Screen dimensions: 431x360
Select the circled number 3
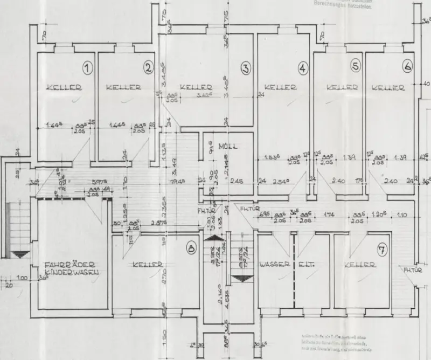pyautogui.click(x=245, y=68)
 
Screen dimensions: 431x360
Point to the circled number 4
pyautogui.click(x=303, y=68)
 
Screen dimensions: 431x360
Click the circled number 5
pyautogui.click(x=355, y=66)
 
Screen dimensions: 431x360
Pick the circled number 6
pyautogui.click(x=407, y=66)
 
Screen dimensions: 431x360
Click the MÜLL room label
pyautogui.click(x=228, y=147)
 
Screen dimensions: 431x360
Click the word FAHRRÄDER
pyautogui.click(x=71, y=264)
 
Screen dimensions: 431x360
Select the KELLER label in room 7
pyautogui.click(x=359, y=265)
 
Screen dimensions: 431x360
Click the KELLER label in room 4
pyautogui.click(x=280, y=87)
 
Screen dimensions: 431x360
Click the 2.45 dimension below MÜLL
pyautogui.click(x=237, y=182)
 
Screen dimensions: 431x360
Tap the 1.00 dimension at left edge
pyautogui.click(x=22, y=278)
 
